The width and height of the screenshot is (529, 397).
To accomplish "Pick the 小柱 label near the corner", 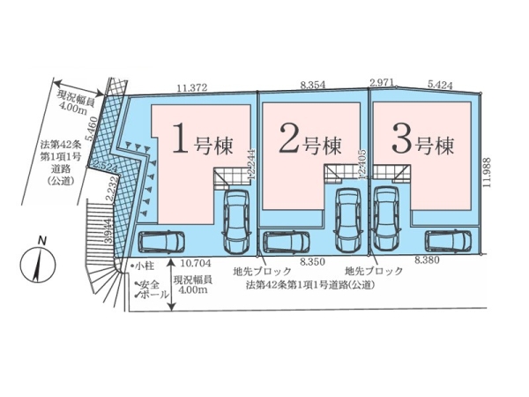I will click(x=143, y=264).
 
